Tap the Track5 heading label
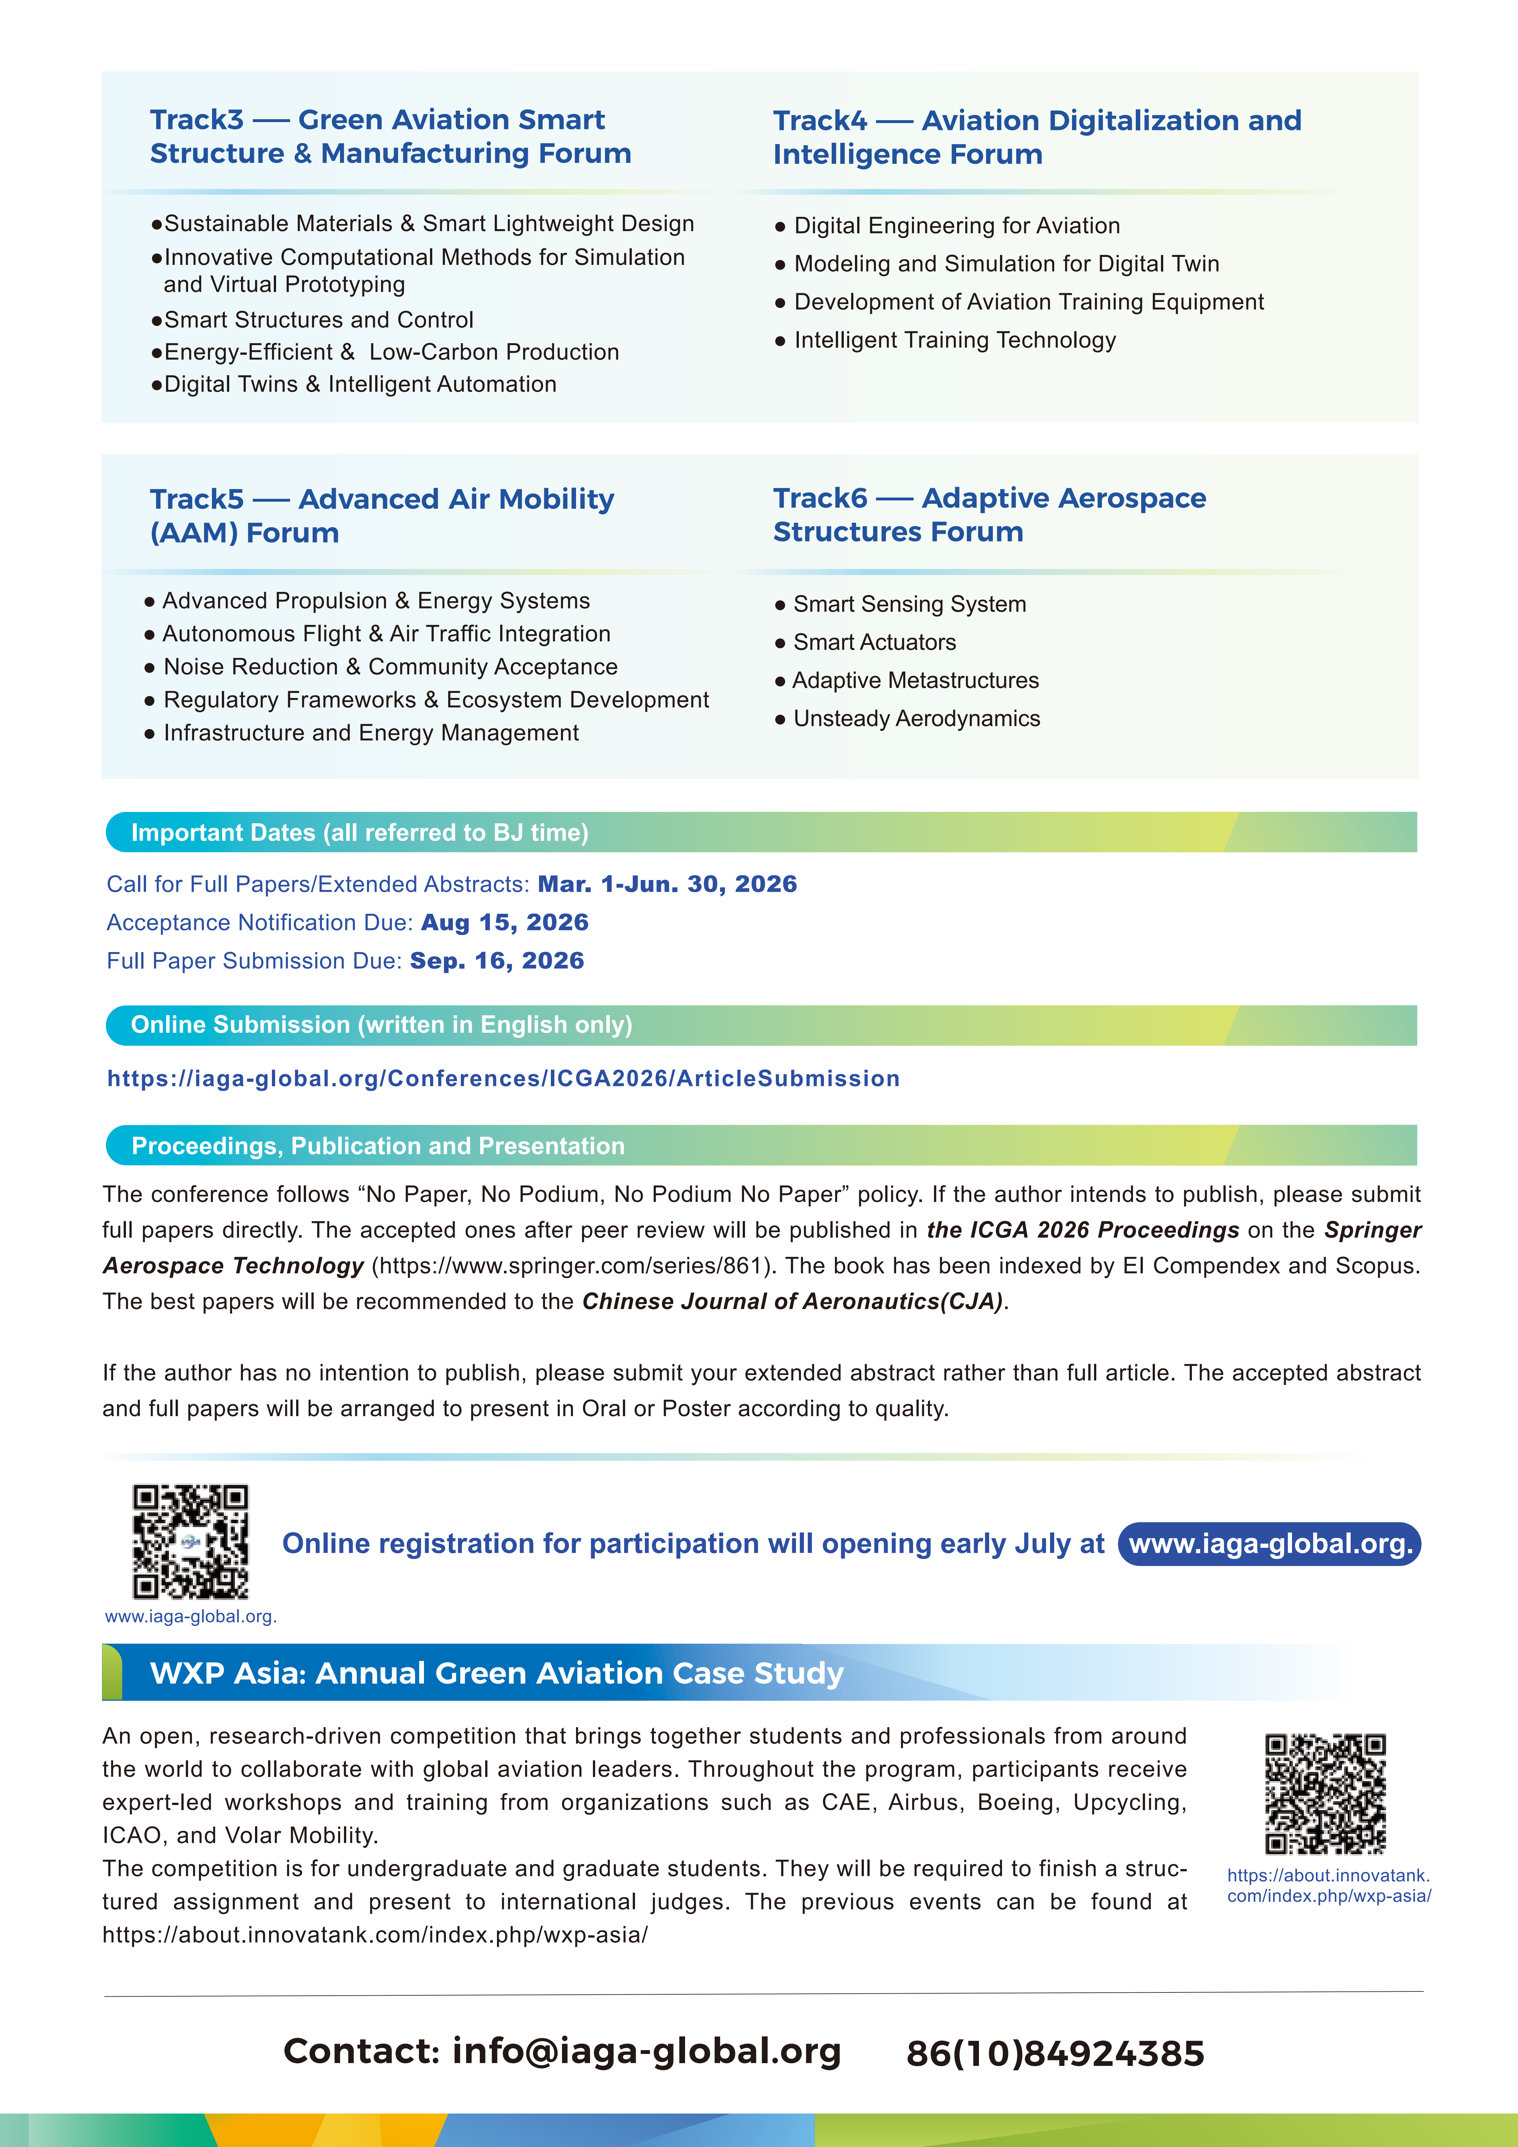tap(382, 515)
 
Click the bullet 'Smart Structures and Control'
tap(318, 320)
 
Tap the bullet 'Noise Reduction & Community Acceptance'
tap(390, 667)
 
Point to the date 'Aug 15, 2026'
tap(505, 923)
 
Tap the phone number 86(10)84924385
tap(1055, 2054)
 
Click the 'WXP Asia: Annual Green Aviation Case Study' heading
tap(497, 1673)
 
